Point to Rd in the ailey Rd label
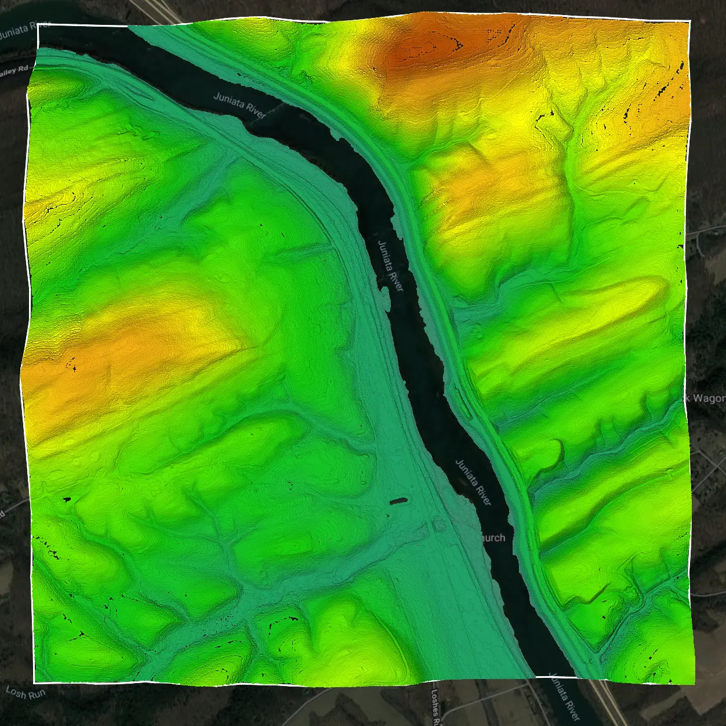23,68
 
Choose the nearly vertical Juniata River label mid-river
391,266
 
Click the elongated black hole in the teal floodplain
398,500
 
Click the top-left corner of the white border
38,26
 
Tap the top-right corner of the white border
690,21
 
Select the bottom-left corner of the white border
34,683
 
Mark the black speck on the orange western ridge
74,364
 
